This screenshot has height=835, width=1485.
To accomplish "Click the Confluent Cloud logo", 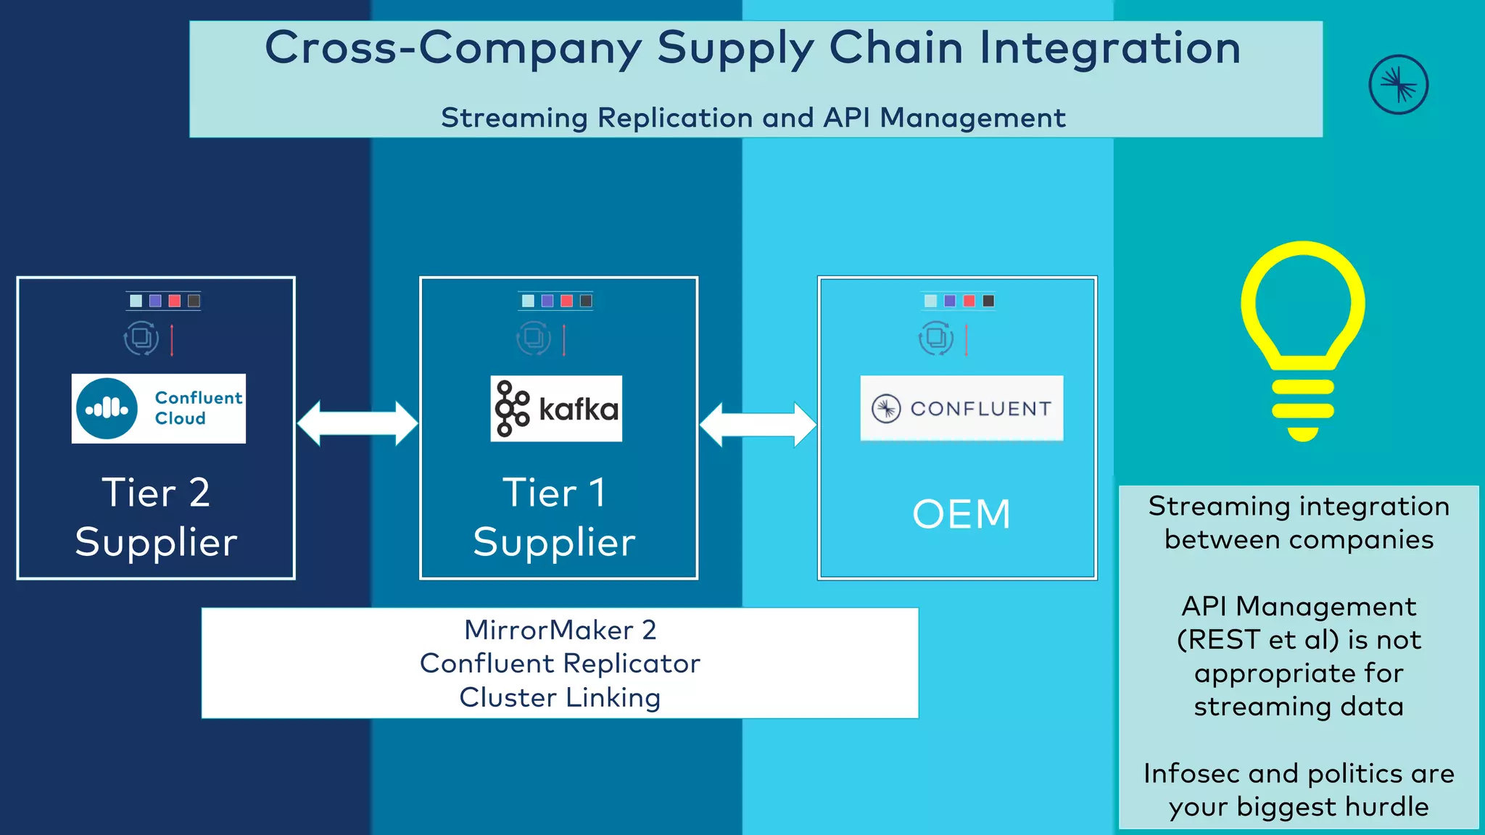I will (x=158, y=408).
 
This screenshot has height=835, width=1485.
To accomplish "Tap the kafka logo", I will (x=556, y=408).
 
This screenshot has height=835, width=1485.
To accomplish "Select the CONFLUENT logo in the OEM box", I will (x=961, y=408).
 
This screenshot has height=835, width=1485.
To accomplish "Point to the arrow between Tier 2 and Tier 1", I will (x=357, y=423).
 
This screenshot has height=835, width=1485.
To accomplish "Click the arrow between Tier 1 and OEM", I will (x=758, y=425).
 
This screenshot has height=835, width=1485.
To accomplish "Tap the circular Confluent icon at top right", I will (x=1398, y=85).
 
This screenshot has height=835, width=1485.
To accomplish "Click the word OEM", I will (x=961, y=514).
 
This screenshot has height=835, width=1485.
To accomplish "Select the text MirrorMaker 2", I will (x=560, y=630).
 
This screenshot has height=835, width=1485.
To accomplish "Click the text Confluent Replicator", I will (x=560, y=663).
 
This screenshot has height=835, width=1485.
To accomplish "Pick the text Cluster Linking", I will (x=560, y=697).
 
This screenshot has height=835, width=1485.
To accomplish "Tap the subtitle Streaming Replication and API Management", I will (x=753, y=117).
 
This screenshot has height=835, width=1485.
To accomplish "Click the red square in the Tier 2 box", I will (x=175, y=301).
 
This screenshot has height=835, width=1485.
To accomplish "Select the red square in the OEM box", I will (x=969, y=301).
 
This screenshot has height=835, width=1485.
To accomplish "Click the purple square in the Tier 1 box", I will (x=547, y=301).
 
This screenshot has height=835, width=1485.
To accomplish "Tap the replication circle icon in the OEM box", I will (x=936, y=338).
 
